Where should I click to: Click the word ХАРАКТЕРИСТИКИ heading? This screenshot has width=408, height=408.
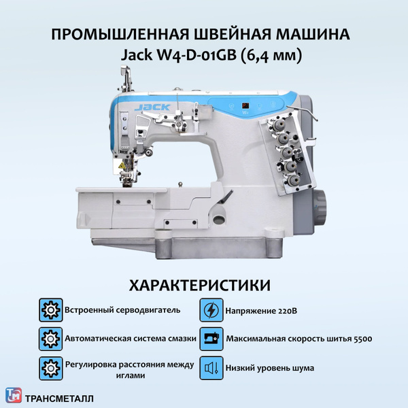click(205, 285)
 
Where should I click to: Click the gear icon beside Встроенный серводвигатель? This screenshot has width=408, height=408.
click(50, 309)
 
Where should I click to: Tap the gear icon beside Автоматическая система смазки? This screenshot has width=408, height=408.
click(50, 339)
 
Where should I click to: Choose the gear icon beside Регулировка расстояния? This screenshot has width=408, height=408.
click(50, 369)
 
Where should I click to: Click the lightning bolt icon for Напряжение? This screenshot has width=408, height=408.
click(211, 309)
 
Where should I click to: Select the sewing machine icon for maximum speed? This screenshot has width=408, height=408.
click(211, 339)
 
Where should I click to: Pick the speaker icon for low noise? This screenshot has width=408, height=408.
click(211, 369)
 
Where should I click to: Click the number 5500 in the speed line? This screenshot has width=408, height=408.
click(361, 339)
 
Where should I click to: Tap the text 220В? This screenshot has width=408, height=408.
click(288, 310)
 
